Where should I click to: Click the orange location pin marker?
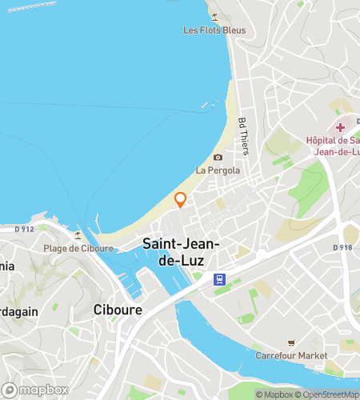point(180,199)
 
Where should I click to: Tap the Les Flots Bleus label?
point(214,31)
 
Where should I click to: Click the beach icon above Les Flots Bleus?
point(214,16)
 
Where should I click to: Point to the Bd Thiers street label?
point(242,133)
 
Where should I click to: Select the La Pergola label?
point(213,170)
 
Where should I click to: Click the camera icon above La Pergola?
point(218,158)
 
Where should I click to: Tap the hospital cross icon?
point(342,127)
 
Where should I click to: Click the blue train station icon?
point(218,279)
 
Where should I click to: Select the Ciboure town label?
point(118,310)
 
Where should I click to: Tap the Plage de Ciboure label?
point(71,248)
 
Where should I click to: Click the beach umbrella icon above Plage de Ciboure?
point(78,235)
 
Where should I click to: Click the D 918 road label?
point(342,247)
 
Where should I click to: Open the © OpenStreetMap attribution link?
point(330,394)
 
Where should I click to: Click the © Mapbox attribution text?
point(275,394)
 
